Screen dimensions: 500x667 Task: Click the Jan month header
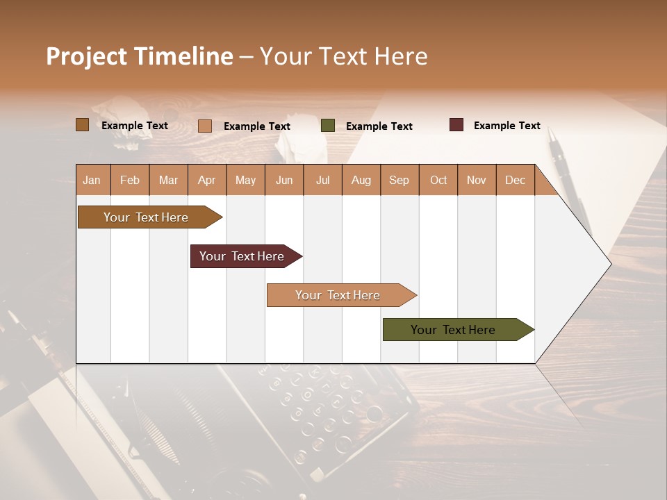(x=92, y=180)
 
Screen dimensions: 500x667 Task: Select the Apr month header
(x=206, y=180)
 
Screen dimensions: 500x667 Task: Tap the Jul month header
(x=322, y=180)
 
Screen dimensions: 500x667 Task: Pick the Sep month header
(x=399, y=180)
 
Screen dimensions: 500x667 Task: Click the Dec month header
(x=515, y=180)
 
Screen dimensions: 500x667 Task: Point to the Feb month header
(x=130, y=180)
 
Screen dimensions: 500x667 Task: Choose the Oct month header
(x=438, y=180)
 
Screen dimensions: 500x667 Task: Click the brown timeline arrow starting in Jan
(x=146, y=217)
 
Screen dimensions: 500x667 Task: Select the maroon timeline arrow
(x=242, y=256)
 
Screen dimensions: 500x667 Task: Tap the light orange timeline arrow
(x=338, y=295)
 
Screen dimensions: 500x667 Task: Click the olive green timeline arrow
(x=453, y=330)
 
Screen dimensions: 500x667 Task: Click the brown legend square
(x=83, y=125)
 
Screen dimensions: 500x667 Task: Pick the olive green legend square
(x=328, y=126)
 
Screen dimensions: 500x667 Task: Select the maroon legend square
(x=456, y=125)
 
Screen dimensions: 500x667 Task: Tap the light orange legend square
(x=205, y=126)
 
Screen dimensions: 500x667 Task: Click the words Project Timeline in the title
(x=139, y=56)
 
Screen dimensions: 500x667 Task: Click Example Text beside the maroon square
(x=507, y=126)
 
